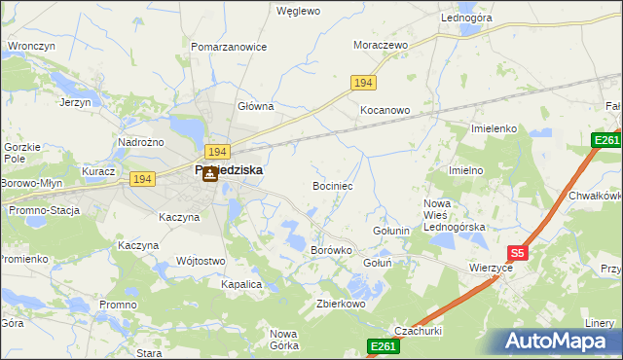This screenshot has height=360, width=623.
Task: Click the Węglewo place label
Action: pos(298,12)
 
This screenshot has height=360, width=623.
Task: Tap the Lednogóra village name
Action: pos(466,18)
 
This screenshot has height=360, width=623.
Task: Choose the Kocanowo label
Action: pos(385,111)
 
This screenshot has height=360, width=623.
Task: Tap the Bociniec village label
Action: pos(332,185)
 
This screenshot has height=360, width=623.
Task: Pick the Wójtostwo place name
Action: pos(201,261)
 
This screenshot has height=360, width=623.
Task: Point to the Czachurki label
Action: pos(417,330)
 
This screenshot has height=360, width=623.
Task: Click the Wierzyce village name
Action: pos(491,267)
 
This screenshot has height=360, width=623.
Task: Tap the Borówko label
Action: pos(330,250)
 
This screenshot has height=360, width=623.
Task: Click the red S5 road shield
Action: pos(518,253)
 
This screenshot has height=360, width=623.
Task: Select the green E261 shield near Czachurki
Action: pos(383,345)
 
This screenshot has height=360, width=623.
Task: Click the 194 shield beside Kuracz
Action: pos(142,179)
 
